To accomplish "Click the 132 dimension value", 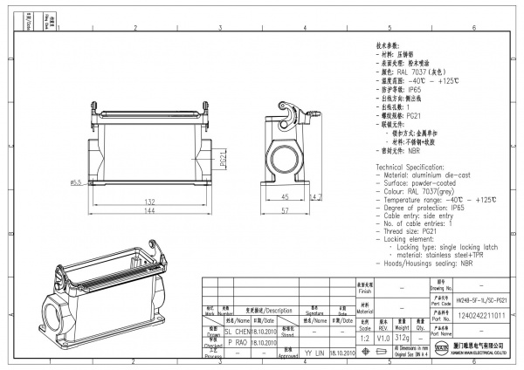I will pyautogui.click(x=151, y=202).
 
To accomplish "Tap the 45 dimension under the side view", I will pyautogui.click(x=286, y=197).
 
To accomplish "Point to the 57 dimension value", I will pyautogui.click(x=286, y=212).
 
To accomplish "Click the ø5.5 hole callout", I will pyautogui.click(x=76, y=182).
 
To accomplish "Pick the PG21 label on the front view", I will pyautogui.click(x=223, y=160).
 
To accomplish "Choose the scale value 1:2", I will pyautogui.click(x=363, y=336).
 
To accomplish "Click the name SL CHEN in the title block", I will pyautogui.click(x=238, y=332).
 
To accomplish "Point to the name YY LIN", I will pyautogui.click(x=314, y=353).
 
